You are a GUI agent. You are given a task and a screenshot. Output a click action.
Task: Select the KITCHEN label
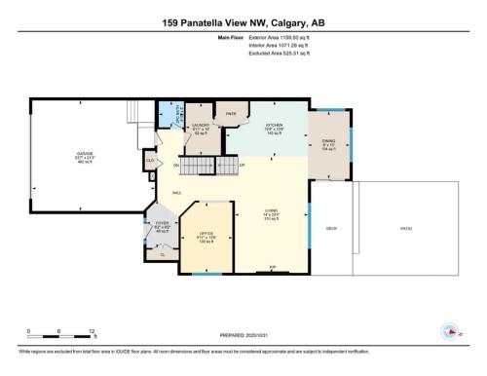pyautogui.click(x=274, y=126)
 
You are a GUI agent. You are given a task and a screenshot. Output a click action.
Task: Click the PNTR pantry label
pyautogui.click(x=231, y=114)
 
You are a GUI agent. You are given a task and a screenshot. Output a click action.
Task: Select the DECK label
pyautogui.click(x=330, y=230)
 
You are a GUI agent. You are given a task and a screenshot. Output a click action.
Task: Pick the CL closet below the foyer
pyautogui.click(x=162, y=254)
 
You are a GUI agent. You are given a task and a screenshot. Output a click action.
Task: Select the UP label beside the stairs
pyautogui.click(x=242, y=167)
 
